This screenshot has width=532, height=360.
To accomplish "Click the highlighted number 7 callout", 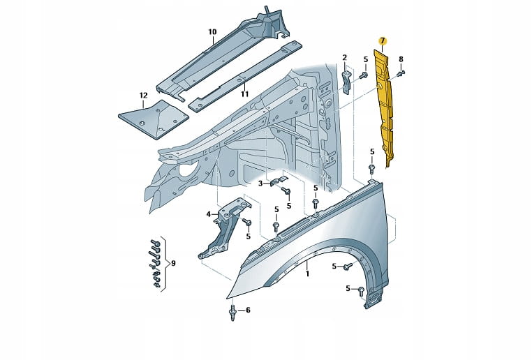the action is tap(383, 41).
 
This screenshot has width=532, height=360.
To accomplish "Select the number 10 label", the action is tap(212, 32).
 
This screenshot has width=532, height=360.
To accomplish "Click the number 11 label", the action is tap(244, 94).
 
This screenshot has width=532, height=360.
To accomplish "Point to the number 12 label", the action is tap(144, 96).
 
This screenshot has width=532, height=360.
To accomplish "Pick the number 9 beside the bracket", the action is tap(173, 263).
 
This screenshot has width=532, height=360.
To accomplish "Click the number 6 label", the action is tap(248, 310).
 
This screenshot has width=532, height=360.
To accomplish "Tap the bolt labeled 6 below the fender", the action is tap(232, 312).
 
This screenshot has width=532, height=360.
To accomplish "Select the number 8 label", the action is tap(401, 59).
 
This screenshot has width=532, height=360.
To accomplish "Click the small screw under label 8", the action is tap(402, 73).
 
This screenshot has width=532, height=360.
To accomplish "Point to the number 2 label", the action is tap(345, 58).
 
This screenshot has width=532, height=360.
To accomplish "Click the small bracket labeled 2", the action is tap(346, 82).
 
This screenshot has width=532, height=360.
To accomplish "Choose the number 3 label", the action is tap(260, 183).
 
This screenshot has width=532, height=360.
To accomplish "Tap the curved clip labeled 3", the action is tap(279, 182).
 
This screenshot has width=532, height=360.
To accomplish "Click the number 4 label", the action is tap(208, 214).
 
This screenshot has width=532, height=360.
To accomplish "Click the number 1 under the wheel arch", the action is tap(307, 273).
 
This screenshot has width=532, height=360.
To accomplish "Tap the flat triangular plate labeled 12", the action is tap(154, 119).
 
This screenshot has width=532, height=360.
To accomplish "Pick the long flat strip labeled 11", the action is tap(246, 75).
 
